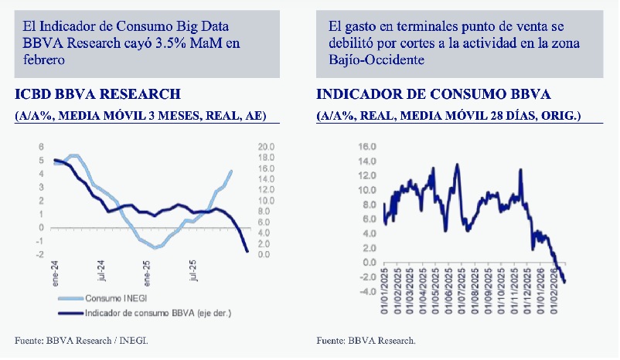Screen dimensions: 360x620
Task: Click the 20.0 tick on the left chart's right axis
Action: pyautogui.click(x=265, y=147)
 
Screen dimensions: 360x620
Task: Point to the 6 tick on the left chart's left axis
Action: pyautogui.click(x=42, y=147)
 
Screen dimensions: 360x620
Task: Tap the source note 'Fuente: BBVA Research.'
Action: pyautogui.click(x=366, y=340)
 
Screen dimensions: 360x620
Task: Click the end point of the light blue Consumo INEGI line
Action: pyautogui.click(x=231, y=172)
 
